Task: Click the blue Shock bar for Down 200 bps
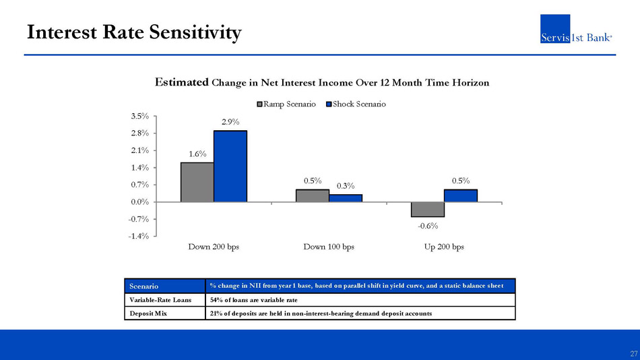230,167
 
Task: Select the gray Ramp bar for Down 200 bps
197,182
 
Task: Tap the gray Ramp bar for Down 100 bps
313,196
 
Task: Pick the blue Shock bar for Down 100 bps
346,198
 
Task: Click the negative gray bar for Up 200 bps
428,209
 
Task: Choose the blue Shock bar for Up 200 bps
461,196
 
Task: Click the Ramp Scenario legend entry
286,104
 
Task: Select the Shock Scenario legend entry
356,104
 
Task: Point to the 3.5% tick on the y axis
140,116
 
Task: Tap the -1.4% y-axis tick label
139,236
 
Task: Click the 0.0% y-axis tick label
140,202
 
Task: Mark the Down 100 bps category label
329,247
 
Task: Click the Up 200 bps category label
444,247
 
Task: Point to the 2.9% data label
230,122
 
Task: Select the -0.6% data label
428,226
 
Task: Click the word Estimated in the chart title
182,82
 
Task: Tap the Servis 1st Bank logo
576,28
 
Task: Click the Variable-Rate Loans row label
160,300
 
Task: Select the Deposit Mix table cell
165,313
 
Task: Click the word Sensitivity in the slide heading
195,32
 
